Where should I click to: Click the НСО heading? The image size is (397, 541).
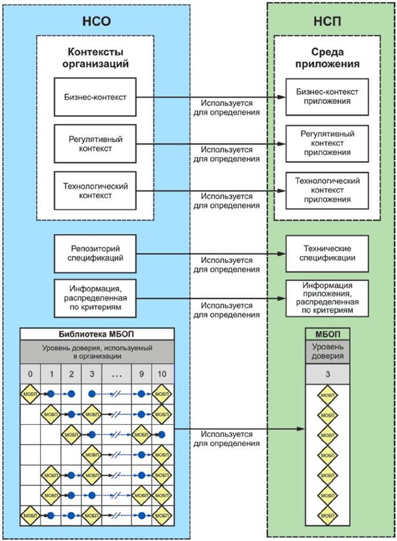(96, 19)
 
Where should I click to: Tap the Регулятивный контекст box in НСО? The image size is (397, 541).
(95, 143)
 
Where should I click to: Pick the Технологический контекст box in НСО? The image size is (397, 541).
(95, 190)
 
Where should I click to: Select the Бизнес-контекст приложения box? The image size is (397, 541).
(327, 97)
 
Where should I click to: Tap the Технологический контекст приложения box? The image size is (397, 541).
(327, 190)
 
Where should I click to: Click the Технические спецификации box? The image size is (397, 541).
(327, 253)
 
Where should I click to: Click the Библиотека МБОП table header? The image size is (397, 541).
(97, 334)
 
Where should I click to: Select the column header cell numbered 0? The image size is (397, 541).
(30, 374)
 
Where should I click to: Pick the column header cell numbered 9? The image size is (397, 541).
(141, 374)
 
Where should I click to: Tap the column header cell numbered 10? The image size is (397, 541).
(162, 374)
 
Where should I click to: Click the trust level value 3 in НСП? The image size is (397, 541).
(328, 374)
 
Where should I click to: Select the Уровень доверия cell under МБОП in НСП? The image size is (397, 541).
(328, 353)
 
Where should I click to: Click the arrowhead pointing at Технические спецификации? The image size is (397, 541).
(282, 254)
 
